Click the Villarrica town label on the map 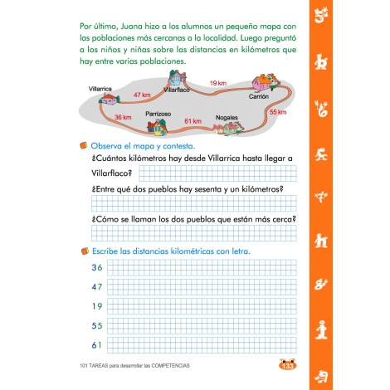tap(99, 86)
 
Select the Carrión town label tap(260, 97)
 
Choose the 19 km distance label tap(218, 84)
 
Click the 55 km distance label tap(278, 112)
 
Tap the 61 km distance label tap(193, 121)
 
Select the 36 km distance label tap(123, 118)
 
